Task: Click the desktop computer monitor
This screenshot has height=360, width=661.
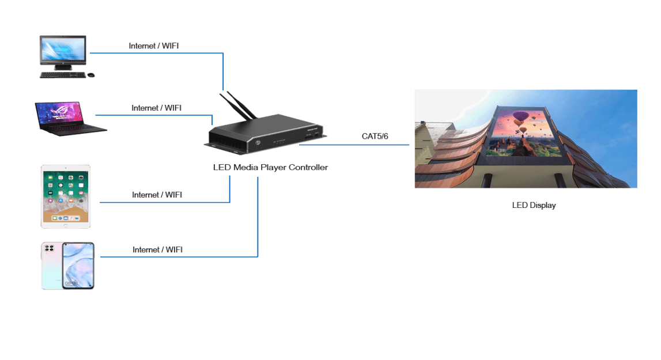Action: [63, 51]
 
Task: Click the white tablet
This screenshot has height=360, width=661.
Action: [66, 196]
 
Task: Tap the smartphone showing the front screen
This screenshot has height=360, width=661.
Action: [78, 265]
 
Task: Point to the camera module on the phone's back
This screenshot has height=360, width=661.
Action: [48, 248]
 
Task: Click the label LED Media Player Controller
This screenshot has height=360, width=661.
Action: [270, 168]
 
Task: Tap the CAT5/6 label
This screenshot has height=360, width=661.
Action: [375, 136]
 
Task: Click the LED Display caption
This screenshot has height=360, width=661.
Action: [534, 205]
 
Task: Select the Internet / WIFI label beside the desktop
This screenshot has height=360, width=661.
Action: [157, 46]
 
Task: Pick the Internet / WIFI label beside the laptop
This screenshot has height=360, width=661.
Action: [157, 108]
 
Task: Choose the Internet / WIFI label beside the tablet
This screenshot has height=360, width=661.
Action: [157, 195]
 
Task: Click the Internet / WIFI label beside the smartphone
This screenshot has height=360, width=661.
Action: [158, 249]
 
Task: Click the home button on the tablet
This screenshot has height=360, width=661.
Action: [66, 225]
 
